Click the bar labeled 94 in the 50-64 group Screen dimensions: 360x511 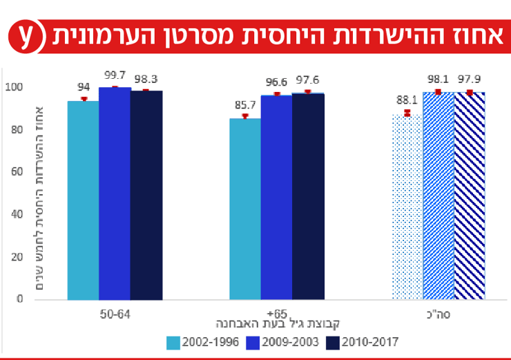click(83, 200)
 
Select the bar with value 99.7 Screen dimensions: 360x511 click(115, 193)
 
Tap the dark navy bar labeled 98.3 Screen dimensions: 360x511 click(146, 195)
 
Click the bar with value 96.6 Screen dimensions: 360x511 click(276, 197)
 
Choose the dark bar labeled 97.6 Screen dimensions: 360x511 click(308, 196)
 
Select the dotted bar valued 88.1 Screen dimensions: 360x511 click(407, 207)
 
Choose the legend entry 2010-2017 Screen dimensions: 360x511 click(365, 341)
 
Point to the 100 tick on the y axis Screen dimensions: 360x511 click(13, 87)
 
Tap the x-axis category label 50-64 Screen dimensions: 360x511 click(115, 312)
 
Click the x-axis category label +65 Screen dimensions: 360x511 click(276, 312)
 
